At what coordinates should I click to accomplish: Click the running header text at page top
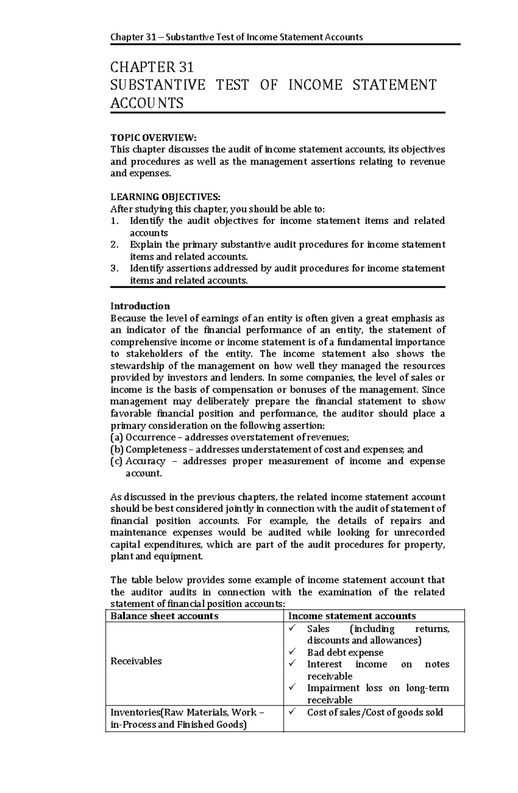click(237, 37)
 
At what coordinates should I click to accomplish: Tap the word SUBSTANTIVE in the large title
click(158, 85)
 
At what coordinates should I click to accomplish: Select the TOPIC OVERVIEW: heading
click(153, 138)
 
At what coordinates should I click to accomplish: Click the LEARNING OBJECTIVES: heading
click(165, 197)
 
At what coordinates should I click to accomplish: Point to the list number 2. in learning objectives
click(114, 245)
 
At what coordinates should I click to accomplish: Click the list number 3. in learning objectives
click(114, 268)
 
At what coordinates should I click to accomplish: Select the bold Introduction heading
click(140, 306)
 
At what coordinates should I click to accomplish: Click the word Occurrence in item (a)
click(150, 437)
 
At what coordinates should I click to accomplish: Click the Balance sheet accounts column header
click(164, 616)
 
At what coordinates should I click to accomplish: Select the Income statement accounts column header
click(352, 616)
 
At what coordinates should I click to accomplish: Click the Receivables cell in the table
click(136, 661)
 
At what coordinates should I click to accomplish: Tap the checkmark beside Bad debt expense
click(293, 652)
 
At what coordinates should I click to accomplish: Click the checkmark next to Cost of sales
click(293, 712)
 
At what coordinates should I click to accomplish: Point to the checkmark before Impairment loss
click(293, 687)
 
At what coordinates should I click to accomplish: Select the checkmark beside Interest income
click(293, 663)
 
